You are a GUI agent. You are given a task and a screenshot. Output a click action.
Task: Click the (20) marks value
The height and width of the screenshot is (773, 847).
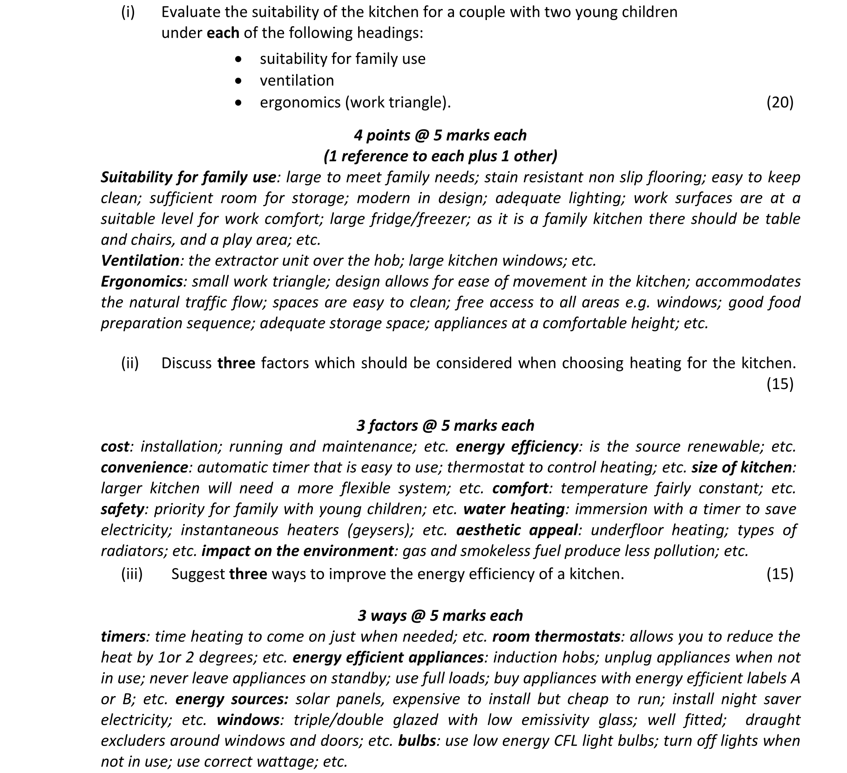[779, 102]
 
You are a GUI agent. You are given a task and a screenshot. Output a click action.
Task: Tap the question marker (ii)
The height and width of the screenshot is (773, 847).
[130, 363]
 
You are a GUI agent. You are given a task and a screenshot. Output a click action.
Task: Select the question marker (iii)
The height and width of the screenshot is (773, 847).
[132, 574]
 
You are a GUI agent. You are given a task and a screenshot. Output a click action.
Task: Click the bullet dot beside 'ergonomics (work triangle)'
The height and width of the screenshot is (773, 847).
[239, 103]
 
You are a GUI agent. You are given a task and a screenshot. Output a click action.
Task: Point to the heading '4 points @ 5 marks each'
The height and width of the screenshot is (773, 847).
[440, 135]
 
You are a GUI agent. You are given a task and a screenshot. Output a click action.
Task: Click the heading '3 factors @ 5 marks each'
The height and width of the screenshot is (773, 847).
[445, 425]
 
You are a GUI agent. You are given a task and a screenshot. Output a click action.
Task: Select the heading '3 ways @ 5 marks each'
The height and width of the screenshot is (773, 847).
[440, 616]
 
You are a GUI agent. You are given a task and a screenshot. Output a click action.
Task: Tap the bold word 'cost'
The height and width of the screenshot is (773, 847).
[115, 446]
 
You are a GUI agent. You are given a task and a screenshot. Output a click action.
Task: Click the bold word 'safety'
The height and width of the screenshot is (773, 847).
[122, 509]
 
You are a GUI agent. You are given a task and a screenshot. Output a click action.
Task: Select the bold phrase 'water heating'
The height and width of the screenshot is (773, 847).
[514, 509]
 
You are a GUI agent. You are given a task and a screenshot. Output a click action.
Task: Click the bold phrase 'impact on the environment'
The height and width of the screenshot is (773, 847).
[298, 551]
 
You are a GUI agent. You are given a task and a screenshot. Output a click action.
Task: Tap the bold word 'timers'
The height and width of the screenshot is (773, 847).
[123, 636]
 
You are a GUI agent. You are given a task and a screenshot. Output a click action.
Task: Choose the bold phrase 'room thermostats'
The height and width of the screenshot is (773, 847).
[556, 636]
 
